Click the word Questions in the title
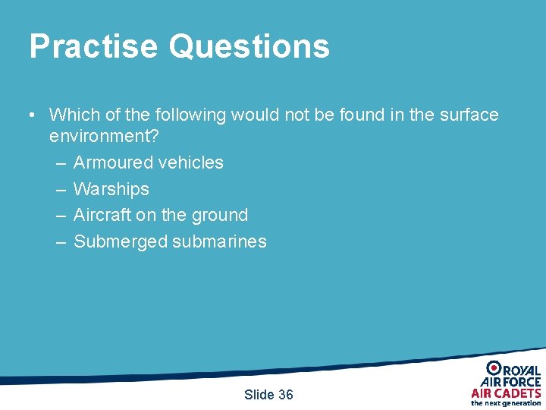249,46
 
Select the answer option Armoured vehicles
148,162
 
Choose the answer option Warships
111,189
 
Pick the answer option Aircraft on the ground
160,215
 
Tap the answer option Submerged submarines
170,241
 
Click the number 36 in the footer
285,394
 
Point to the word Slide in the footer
259,394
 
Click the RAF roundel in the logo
494,368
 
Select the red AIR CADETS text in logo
506,393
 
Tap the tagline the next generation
506,403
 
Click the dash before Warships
61,189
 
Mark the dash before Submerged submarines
61,241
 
